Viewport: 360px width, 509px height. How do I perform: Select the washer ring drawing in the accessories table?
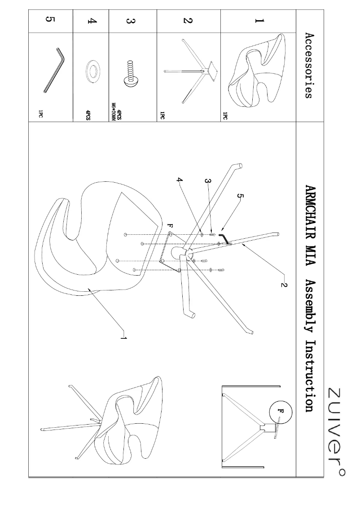pos(92,71)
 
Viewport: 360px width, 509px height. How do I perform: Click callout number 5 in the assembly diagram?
pos(240,196)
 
